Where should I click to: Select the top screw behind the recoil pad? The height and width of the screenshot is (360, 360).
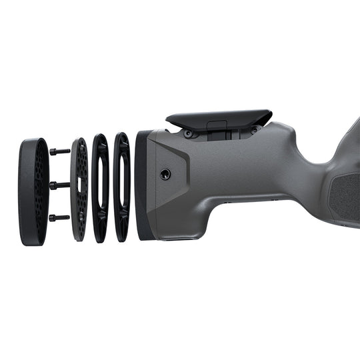click(x=59, y=151)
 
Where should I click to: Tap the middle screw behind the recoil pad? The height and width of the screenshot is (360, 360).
click(x=59, y=185)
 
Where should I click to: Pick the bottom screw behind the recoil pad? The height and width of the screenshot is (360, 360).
click(x=59, y=217)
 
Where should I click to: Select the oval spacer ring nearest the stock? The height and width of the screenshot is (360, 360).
click(x=122, y=187)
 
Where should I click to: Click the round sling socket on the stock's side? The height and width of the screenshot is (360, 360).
click(x=165, y=174)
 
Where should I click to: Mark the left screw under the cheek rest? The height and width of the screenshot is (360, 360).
click(x=189, y=134)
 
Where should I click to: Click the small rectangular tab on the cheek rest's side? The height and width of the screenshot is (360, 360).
click(x=217, y=125)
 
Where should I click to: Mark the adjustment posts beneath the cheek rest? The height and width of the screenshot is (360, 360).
click(x=220, y=134)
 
